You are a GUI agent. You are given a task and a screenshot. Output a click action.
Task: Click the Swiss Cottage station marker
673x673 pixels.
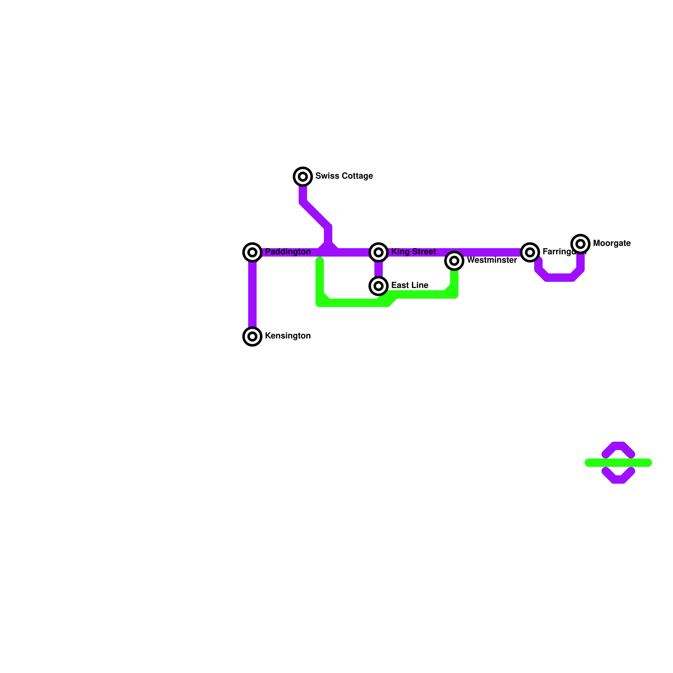(x=303, y=177)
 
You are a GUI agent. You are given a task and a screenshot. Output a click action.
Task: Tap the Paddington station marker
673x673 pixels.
(x=252, y=252)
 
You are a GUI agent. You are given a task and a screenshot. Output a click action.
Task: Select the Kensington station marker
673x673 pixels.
(x=252, y=336)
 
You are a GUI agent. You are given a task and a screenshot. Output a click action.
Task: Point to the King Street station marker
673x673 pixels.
(x=379, y=252)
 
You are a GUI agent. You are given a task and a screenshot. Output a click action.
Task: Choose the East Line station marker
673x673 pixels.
(x=379, y=286)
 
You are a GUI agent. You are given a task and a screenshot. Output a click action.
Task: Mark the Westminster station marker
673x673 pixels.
(x=454, y=261)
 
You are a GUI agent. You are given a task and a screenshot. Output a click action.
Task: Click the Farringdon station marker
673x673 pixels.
(x=530, y=252)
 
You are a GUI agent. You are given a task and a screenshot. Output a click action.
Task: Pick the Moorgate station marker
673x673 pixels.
(x=580, y=244)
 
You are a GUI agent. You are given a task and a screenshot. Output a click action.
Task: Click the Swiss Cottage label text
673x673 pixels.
(x=344, y=176)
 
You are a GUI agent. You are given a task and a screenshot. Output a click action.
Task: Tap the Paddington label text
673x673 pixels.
(x=288, y=252)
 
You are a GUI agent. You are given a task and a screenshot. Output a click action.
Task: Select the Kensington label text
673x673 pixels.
(x=288, y=336)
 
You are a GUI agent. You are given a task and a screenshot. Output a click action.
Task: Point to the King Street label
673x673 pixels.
(x=413, y=252)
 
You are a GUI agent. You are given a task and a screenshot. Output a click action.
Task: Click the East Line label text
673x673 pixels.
(x=410, y=285)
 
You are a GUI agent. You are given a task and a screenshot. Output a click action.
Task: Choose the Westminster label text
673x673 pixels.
(x=492, y=260)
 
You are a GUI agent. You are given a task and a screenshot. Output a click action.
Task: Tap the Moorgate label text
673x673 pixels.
(x=612, y=243)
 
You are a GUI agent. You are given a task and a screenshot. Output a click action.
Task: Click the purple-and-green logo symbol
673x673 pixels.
(x=618, y=463)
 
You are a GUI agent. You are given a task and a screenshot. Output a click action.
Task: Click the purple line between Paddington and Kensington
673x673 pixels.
(x=252, y=294)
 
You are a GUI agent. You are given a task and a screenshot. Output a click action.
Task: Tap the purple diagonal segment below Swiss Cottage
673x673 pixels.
(x=315, y=215)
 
